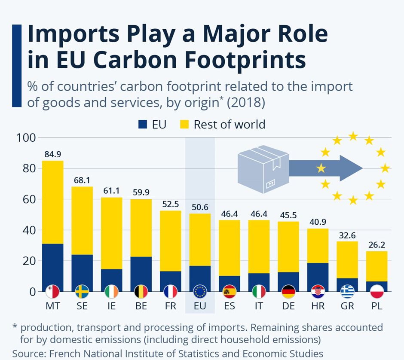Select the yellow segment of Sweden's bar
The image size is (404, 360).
coord(82,220)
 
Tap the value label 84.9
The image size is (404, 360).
coord(52,154)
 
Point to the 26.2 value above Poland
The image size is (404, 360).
coord(376,244)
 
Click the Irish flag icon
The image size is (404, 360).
coord(111,292)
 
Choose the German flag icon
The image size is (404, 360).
coord(288,292)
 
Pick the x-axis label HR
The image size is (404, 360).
coord(318,306)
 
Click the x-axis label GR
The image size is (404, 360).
coord(347,306)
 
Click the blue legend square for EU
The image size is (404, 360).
coord(143,125)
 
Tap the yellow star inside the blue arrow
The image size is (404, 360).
coord(321,168)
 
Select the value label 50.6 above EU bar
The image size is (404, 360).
coord(200,207)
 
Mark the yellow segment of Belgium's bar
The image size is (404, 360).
coord(141,228)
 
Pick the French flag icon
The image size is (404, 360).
coord(170,292)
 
